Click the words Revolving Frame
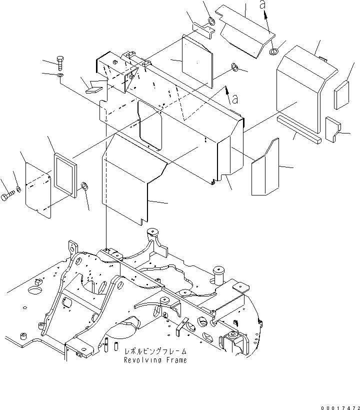click(x=155, y=360)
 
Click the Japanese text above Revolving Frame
click(x=155, y=351)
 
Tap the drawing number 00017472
click(x=340, y=407)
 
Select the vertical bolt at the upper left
click(x=60, y=63)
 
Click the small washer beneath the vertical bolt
click(x=60, y=75)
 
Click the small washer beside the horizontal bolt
click(x=18, y=189)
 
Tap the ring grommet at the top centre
click(x=211, y=21)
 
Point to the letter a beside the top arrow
click(x=262, y=4)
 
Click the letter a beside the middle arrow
click(x=235, y=99)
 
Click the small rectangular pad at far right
click(x=341, y=95)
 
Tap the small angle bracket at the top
click(x=203, y=30)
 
